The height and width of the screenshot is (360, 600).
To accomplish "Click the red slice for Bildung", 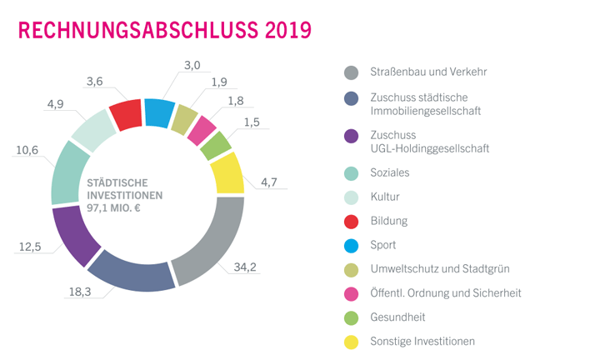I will coord(126,115).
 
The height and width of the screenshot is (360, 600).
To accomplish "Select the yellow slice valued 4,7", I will coord(227,172).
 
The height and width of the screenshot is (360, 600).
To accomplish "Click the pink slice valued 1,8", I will coord(201,129).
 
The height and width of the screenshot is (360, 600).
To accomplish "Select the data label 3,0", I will coord(191,65).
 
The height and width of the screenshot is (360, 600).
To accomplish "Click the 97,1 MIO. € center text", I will coord(126,209).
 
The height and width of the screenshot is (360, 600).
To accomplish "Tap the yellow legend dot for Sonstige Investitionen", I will coord(351,341).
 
